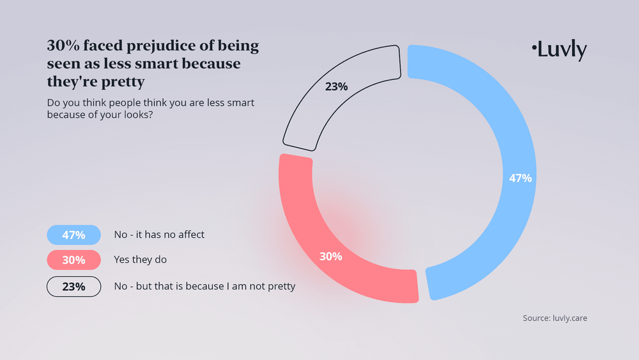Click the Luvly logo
[559, 50]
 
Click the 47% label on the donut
[520, 178]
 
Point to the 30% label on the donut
[331, 256]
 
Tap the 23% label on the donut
[336, 86]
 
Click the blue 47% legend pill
[73, 235]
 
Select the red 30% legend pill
[73, 260]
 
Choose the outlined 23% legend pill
[73, 286]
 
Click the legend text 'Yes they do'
[140, 260]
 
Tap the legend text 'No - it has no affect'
[158, 235]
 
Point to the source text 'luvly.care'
[569, 318]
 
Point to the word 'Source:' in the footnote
[535, 318]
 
